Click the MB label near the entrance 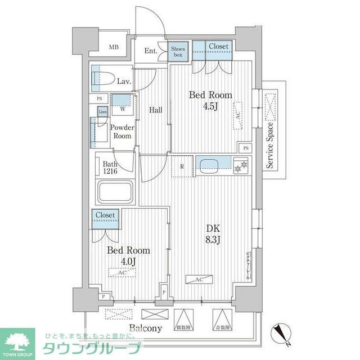(x=114, y=47)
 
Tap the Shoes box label (x=178, y=52)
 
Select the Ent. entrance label (x=151, y=51)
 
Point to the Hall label (x=156, y=110)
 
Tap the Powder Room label (x=122, y=132)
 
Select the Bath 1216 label (x=110, y=168)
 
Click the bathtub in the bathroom (x=115, y=192)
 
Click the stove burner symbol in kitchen (x=241, y=166)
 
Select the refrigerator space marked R (x=182, y=166)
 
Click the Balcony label (x=146, y=328)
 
